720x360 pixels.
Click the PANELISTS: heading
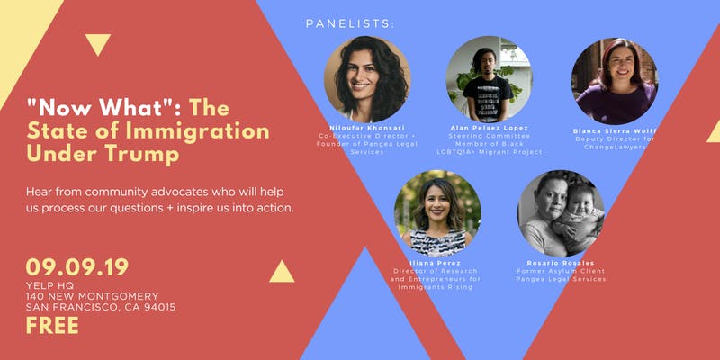pyautogui.click(x=350, y=24)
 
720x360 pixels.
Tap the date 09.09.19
pyautogui.click(x=77, y=267)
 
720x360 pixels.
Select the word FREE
pyautogui.click(x=52, y=326)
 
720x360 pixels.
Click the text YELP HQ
pyautogui.click(x=50, y=285)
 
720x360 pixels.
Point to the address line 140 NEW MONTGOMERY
pyautogui.click(x=93, y=296)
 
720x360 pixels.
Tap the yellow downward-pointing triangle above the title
pyautogui.click(x=98, y=43)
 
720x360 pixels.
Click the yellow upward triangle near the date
pyautogui.click(x=282, y=273)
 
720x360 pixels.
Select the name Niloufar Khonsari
pyautogui.click(x=366, y=128)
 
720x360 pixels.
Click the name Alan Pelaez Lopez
pyautogui.click(x=489, y=128)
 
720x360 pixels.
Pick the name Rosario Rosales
pyautogui.click(x=561, y=263)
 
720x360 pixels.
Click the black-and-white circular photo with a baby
pyautogui.click(x=561, y=213)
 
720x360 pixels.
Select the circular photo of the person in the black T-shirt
pyautogui.click(x=489, y=79)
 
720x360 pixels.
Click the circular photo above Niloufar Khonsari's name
pyautogui.click(x=367, y=79)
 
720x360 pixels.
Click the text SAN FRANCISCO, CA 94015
pyautogui.click(x=101, y=307)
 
